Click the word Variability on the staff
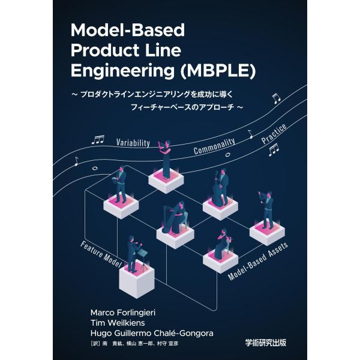(133, 143)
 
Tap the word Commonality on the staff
(214, 146)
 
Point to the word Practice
(274, 134)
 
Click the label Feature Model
(101, 254)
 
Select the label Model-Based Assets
(257, 261)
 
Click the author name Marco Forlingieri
(123, 313)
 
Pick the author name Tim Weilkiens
(118, 323)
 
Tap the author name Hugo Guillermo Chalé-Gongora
(152, 333)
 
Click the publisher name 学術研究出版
(266, 343)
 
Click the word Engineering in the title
(122, 71)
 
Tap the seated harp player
(175, 218)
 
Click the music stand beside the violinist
(143, 259)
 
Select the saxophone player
(120, 185)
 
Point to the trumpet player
(266, 211)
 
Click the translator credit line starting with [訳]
(135, 344)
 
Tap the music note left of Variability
(98, 140)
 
